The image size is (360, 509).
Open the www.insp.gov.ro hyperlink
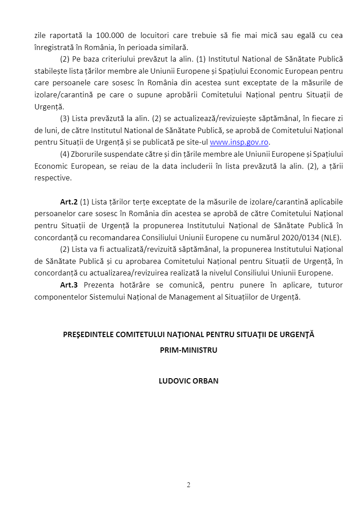239,142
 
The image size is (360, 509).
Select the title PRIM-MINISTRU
188,350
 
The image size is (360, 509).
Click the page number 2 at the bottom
188,485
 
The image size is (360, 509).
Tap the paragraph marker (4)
64,154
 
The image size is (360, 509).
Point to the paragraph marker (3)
64,118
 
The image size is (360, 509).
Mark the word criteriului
118,59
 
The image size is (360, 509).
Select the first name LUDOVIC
173,381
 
